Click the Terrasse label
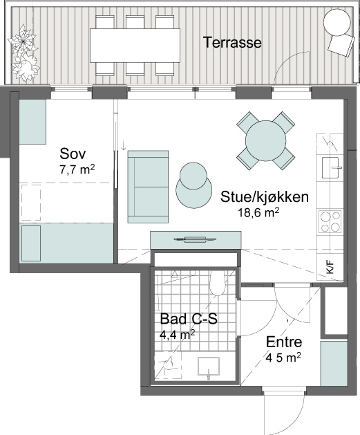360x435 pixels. [232, 42]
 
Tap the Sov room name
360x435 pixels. [73, 154]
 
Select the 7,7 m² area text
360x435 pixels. [77, 169]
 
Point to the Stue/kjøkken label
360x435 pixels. [265, 197]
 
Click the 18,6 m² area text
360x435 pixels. [258, 213]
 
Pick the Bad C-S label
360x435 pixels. [189, 319]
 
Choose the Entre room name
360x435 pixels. [284, 342]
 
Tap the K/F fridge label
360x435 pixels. [330, 268]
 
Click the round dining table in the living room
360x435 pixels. [265, 140]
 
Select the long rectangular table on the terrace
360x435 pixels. [135, 46]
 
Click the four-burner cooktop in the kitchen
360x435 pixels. [330, 221]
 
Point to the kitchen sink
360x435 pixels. [330, 167]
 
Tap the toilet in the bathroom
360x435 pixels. [218, 282]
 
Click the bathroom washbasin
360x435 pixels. [209, 366]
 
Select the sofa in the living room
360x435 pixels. [148, 187]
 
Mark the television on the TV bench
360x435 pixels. [195, 239]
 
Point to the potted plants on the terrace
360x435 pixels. [23, 53]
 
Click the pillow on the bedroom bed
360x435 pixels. [31, 243]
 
